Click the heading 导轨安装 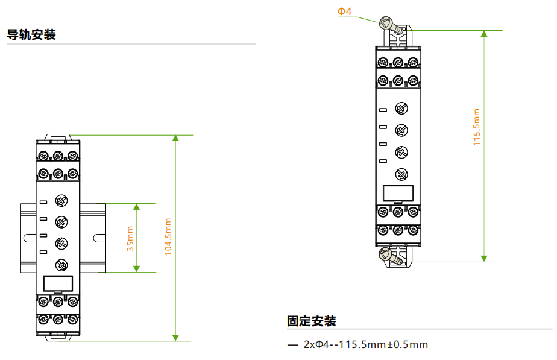click(31, 34)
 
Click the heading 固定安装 click(312, 321)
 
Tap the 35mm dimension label click(130, 238)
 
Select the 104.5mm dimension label click(168, 237)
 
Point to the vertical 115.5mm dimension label click(476, 127)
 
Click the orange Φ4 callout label click(344, 11)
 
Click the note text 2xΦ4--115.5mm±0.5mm click(366, 344)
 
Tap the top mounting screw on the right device click(391, 26)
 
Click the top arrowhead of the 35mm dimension click(136, 206)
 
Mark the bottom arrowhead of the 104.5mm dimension click(175, 338)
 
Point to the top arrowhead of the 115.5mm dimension click(484, 34)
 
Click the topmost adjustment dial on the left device click(61, 201)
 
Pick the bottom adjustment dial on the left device click(61, 265)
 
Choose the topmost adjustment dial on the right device click(401, 109)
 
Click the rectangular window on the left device click(58, 283)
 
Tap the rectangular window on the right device click(398, 193)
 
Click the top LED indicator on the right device click(383, 110)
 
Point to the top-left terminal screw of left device click(43, 156)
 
